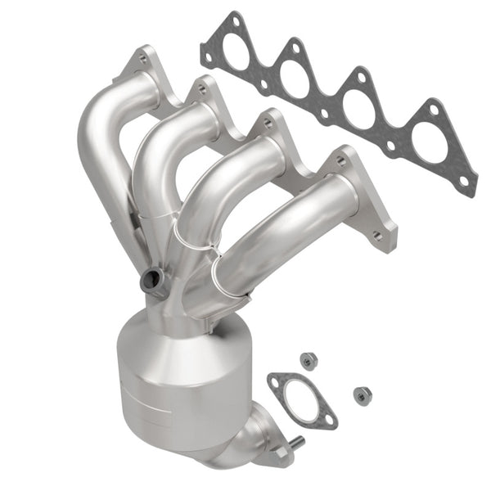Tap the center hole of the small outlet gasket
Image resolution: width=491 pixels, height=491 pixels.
[x=300, y=399]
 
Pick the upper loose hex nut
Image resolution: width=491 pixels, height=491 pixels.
[x=309, y=359]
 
